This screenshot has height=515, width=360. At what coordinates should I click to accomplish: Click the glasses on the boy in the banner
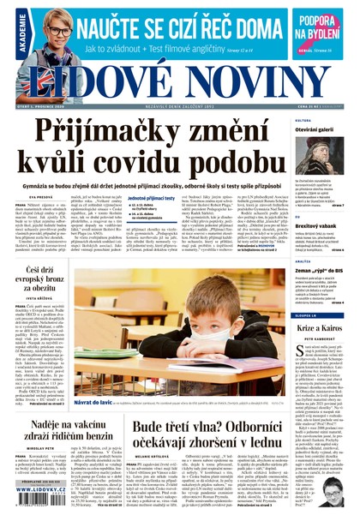point(59,32)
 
